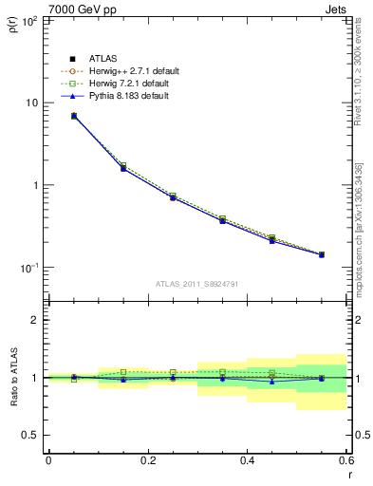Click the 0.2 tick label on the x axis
(x=147, y=461)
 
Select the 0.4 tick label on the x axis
(x=247, y=461)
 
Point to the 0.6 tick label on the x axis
(x=345, y=461)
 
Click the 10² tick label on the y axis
(x=30, y=20)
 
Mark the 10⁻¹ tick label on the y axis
(x=29, y=269)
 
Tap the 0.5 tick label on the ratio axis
(x=30, y=435)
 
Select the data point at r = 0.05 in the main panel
(x=74, y=116)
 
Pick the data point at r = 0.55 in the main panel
(x=321, y=254)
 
